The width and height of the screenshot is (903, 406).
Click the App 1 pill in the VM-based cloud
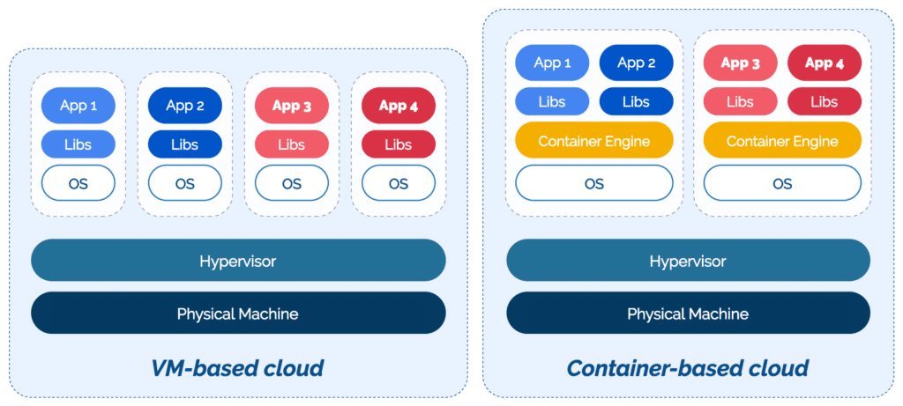click(78, 106)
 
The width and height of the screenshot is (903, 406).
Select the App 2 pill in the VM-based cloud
click(185, 106)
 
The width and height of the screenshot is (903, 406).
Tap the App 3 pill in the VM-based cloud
click(292, 106)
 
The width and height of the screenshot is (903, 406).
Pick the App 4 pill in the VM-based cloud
click(399, 106)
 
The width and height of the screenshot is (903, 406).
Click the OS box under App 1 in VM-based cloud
click(78, 183)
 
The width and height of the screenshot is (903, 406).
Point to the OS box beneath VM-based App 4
click(399, 183)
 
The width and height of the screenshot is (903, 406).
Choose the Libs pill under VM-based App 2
click(185, 144)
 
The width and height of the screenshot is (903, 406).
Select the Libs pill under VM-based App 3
click(292, 144)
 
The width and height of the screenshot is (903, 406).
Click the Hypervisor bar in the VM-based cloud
click(238, 261)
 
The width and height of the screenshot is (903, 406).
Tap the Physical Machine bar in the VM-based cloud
click(238, 313)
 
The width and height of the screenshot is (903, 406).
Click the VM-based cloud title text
click(238, 367)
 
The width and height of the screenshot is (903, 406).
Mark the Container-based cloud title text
click(688, 367)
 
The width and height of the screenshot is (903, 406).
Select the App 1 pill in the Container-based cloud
click(553, 63)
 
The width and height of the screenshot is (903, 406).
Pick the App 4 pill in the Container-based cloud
click(824, 63)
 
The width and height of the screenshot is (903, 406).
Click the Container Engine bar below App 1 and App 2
click(594, 140)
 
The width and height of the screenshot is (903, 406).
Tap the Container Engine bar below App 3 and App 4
click(782, 140)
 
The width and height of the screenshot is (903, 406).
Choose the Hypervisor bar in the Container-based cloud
click(688, 261)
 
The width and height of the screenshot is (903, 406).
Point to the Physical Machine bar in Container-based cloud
click(688, 313)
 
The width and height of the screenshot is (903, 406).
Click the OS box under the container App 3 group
click(782, 183)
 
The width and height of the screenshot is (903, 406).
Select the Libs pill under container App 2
click(636, 101)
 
